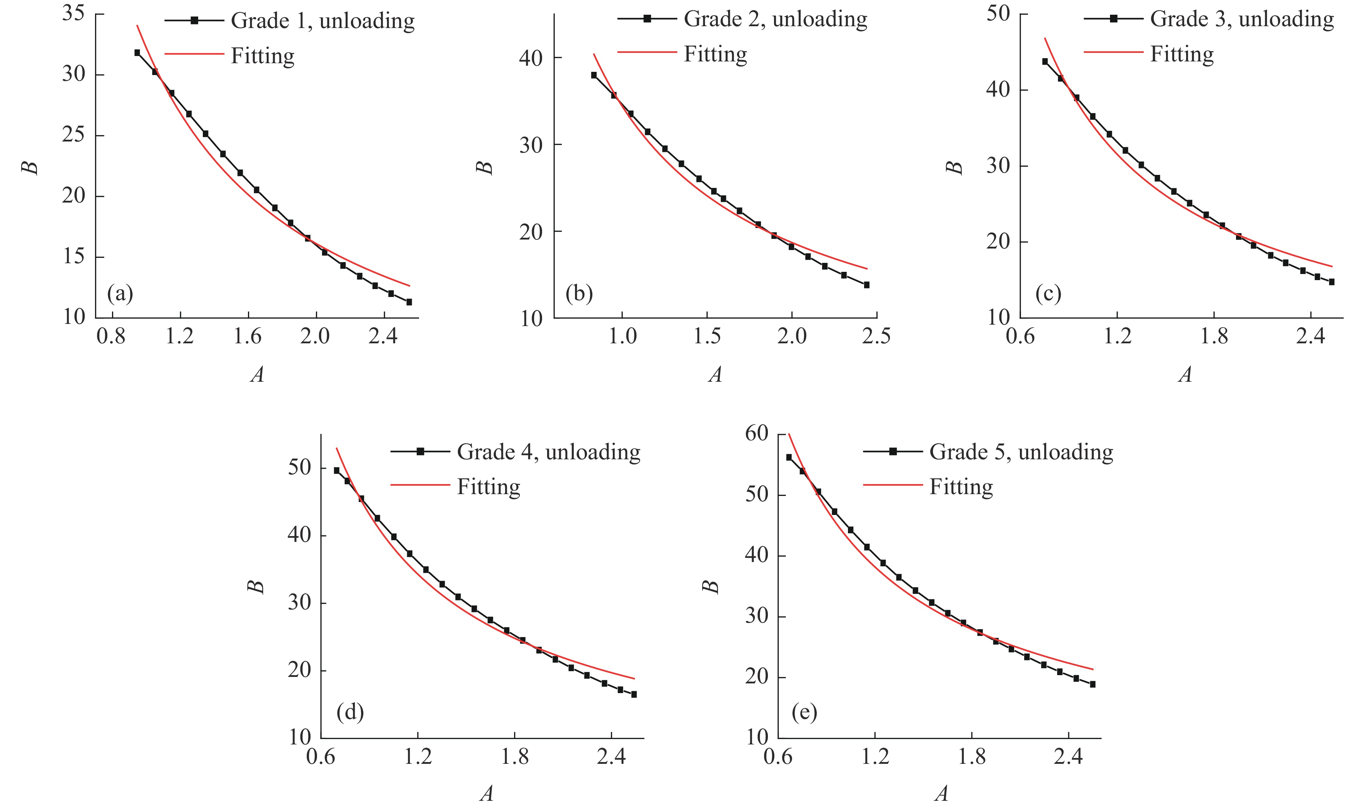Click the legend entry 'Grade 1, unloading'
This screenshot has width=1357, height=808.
pyautogui.click(x=322, y=21)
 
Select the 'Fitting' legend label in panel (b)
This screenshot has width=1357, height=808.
pyautogui.click(x=715, y=54)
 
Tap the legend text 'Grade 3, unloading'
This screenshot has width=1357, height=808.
pyautogui.click(x=1242, y=19)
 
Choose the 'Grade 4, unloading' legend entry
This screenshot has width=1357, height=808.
pyautogui.click(x=548, y=452)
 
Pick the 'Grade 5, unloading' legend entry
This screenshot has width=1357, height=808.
pyautogui.click(x=1021, y=452)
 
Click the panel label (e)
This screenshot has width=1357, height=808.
pyautogui.click(x=804, y=712)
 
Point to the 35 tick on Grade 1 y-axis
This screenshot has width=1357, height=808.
pyautogui.click(x=74, y=13)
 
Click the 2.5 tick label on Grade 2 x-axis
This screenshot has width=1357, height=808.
pyautogui.click(x=876, y=336)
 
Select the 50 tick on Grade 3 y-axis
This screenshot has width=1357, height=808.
pyautogui.click(x=998, y=13)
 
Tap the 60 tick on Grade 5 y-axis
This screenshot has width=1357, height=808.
pyautogui.click(x=757, y=433)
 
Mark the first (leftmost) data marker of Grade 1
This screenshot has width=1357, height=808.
pyautogui.click(x=137, y=53)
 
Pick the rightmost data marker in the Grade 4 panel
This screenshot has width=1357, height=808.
pyautogui.click(x=634, y=694)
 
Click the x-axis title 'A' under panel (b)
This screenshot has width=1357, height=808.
pyautogui.click(x=715, y=375)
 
